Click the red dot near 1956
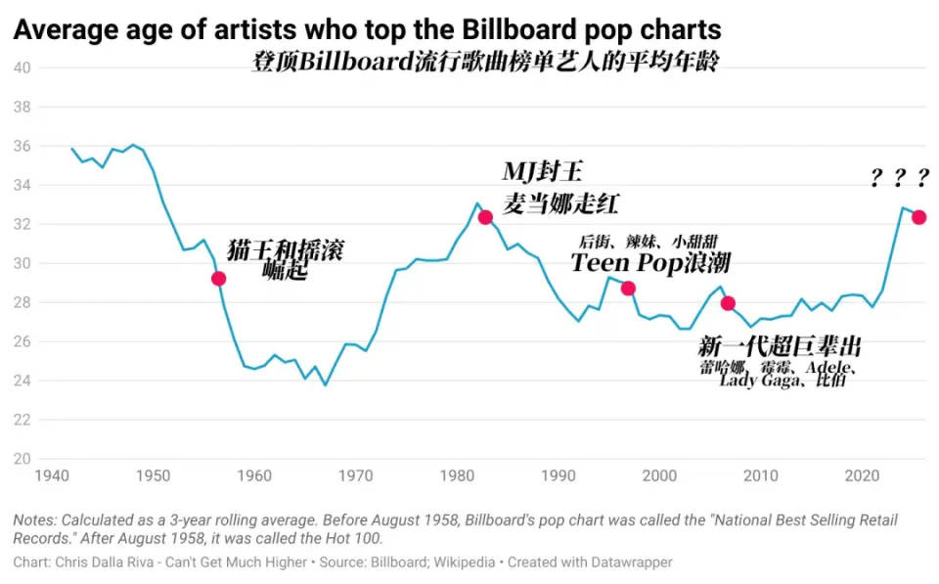[218, 279]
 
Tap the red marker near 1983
[485, 217]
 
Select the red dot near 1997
[628, 288]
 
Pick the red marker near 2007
[728, 303]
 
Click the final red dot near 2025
[918, 217]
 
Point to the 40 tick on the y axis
[22, 67]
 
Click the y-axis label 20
[22, 459]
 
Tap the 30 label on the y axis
[22, 263]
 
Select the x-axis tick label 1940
[51, 476]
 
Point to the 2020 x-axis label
[863, 476]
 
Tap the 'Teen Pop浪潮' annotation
[650, 263]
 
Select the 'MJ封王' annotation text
[542, 173]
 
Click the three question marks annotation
[899, 177]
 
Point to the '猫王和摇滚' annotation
[285, 249]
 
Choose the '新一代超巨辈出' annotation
[780, 347]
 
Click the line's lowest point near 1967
[326, 384]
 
